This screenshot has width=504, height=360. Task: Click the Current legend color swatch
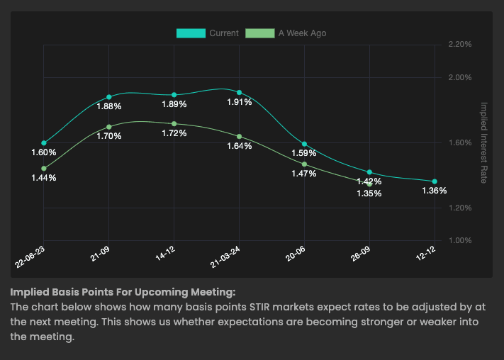click(x=191, y=33)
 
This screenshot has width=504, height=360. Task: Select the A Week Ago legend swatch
click(x=259, y=33)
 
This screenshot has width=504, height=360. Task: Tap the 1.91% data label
click(x=239, y=103)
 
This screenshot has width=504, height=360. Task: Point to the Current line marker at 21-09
click(x=109, y=97)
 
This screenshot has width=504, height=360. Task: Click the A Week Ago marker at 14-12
click(x=174, y=124)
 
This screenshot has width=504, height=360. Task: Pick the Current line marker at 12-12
click(x=435, y=182)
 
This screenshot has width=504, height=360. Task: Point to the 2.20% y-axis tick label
click(x=460, y=45)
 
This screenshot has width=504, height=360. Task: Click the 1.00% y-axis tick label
click(x=460, y=241)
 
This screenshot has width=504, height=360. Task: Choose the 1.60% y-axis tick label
click(x=460, y=142)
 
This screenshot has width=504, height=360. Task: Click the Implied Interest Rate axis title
click(x=484, y=142)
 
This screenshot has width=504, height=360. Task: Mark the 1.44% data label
click(x=43, y=178)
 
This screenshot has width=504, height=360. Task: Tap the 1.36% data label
click(x=434, y=191)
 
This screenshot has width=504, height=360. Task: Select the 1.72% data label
click(x=174, y=134)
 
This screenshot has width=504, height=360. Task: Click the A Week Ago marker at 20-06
click(x=305, y=164)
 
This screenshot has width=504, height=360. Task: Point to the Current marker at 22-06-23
click(x=44, y=143)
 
